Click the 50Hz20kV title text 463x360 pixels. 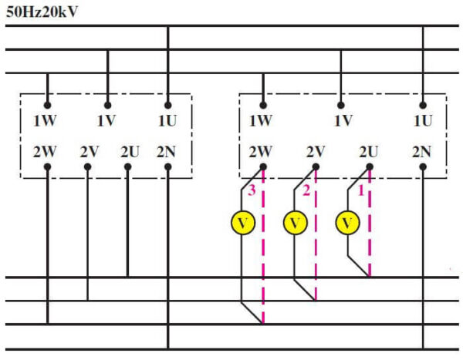click(x=42, y=12)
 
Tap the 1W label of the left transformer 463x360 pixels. click(x=45, y=121)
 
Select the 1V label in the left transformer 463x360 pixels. click(x=106, y=121)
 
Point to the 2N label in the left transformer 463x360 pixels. click(x=166, y=152)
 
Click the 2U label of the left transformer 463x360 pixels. click(x=130, y=152)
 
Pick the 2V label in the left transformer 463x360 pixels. click(x=90, y=152)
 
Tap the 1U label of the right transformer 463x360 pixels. click(x=423, y=121)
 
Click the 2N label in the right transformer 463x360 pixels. click(x=421, y=152)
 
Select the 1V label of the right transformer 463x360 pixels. click(x=343, y=121)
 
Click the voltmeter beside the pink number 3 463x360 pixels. click(x=243, y=223)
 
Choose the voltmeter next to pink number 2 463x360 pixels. click(x=296, y=223)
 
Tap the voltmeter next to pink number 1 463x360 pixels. click(x=347, y=223)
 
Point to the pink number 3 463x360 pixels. click(x=252, y=190)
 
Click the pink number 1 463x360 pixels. click(x=361, y=191)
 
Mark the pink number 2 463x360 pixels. click(x=306, y=190)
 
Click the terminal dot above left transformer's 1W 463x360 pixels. click(x=47, y=106)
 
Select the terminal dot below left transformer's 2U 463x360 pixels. click(x=127, y=167)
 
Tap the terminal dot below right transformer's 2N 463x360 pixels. click(x=423, y=167)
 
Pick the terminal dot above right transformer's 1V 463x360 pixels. click(x=341, y=106)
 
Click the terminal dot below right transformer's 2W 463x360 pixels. click(x=263, y=167)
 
